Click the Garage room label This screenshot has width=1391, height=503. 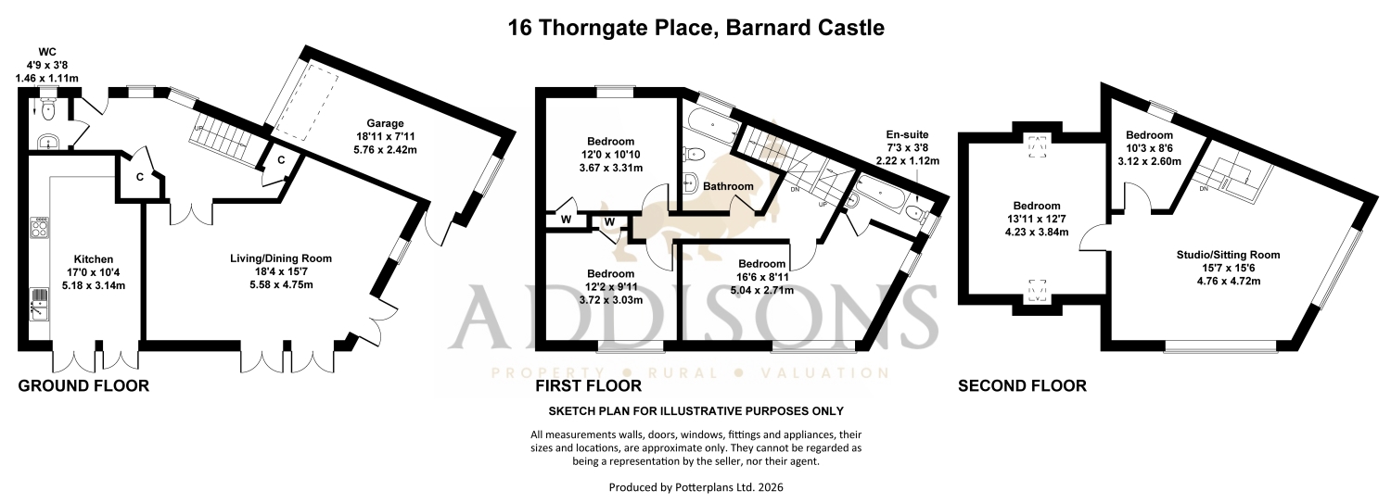click(385, 123)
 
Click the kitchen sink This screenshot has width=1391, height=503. click(39, 304)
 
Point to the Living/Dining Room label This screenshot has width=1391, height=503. click(281, 258)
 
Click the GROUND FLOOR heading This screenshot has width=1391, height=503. click(83, 385)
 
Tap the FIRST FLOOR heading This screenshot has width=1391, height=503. click(589, 385)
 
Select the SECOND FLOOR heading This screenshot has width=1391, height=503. click(1022, 385)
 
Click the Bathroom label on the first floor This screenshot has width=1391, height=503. click(728, 186)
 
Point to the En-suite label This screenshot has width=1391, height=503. click(907, 134)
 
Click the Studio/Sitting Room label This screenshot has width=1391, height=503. click(1229, 255)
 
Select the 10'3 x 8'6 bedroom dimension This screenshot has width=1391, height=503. click(1150, 148)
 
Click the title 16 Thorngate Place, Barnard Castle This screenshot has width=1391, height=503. click(696, 28)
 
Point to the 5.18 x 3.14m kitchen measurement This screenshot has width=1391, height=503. click(94, 286)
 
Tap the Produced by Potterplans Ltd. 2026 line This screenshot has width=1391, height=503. click(696, 487)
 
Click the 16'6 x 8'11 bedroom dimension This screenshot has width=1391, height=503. click(762, 277)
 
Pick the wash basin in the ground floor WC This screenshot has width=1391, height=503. click(48, 143)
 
